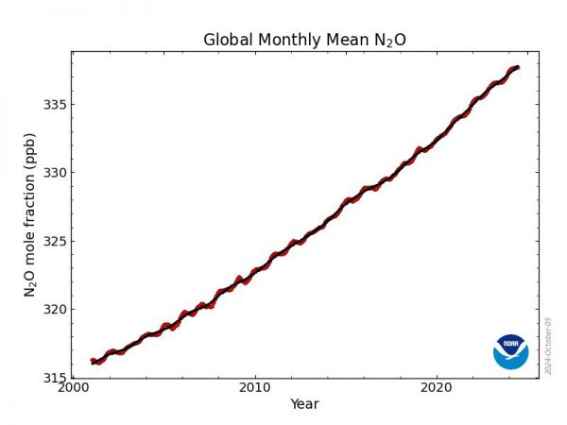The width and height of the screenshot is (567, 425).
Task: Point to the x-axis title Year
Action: tap(304, 404)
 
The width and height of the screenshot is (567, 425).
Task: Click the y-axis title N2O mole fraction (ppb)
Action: tap(30, 214)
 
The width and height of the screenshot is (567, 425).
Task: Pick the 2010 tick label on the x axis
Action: tap(254, 388)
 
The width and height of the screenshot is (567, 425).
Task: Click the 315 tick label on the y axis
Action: tap(53, 378)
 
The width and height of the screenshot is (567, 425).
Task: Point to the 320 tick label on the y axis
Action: tap(53, 309)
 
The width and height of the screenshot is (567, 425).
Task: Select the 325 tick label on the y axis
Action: tap(53, 241)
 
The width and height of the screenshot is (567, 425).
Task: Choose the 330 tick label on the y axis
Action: tap(53, 173)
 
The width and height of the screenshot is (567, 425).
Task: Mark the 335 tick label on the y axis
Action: tap(53, 104)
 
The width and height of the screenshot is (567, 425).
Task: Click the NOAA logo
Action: tap(510, 350)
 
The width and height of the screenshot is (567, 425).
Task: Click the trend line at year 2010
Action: tap(254, 271)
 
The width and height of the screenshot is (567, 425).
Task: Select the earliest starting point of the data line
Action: tap(92, 361)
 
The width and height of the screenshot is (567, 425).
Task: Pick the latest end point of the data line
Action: tap(517, 67)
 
